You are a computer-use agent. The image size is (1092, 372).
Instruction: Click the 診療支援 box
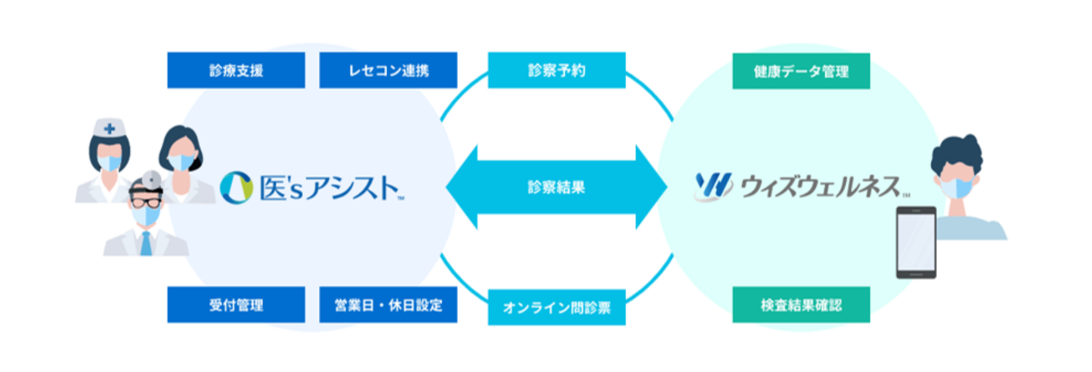click(236, 70)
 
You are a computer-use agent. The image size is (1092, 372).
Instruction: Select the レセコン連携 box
click(388, 70)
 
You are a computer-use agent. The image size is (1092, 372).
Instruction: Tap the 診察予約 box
click(557, 70)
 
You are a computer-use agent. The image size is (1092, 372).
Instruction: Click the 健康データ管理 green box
click(801, 71)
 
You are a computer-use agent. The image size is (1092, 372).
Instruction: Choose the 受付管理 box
click(236, 304)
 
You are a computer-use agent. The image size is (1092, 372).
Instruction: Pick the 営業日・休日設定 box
click(388, 304)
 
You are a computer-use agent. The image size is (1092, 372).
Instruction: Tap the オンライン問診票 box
click(557, 307)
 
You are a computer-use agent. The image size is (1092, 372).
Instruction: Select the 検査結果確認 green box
click(801, 304)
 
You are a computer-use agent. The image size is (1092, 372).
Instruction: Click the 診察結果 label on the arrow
click(557, 187)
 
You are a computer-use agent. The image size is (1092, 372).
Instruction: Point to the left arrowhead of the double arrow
click(462, 187)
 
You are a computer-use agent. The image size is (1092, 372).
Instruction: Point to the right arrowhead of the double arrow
click(651, 187)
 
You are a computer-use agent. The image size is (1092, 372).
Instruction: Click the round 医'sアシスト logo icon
click(236, 187)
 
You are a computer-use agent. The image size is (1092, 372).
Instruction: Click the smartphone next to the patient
click(916, 242)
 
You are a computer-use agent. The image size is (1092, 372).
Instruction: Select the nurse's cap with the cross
click(109, 128)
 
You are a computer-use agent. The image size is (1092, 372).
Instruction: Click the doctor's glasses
click(146, 201)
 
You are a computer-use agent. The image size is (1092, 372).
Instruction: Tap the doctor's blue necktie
click(146, 244)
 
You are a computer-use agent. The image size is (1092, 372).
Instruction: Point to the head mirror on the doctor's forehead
click(151, 180)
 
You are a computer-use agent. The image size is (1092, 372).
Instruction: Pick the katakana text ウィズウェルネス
click(820, 186)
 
